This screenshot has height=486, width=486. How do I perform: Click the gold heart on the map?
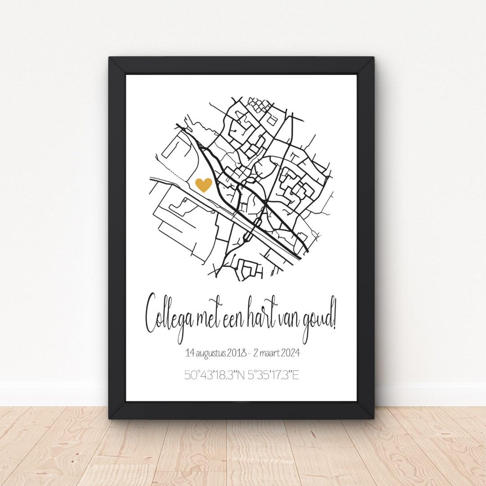pos(204,184)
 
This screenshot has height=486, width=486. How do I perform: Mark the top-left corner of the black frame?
pos(110,58)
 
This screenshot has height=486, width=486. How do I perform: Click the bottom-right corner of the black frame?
pos(373,418)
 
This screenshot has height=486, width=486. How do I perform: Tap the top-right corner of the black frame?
pos(373,58)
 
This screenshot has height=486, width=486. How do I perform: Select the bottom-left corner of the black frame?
pos(110,418)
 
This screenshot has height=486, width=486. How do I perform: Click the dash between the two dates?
pos(249,353)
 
